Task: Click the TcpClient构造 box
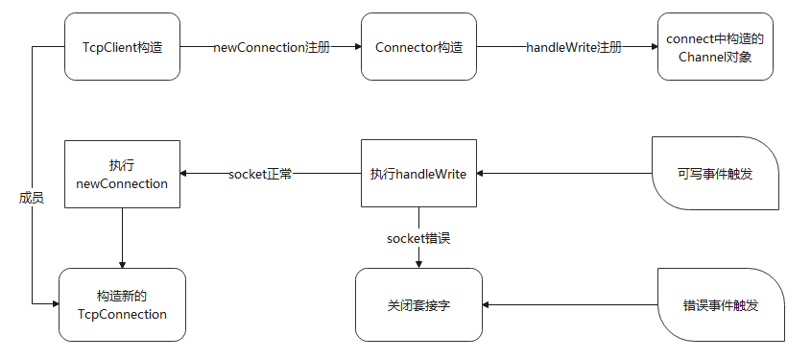point(122,47)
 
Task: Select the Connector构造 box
point(418,47)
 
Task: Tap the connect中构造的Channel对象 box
point(714,47)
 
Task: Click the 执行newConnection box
point(122,174)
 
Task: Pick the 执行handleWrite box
point(418,174)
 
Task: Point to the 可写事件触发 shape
point(715,174)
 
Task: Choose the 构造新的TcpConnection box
point(122,304)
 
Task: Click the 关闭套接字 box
point(418,304)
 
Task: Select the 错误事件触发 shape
point(721,304)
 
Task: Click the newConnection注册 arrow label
point(271,47)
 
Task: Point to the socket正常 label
point(260,174)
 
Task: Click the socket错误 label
point(418,237)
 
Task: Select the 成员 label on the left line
point(32,197)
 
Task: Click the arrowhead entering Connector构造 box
point(356,47)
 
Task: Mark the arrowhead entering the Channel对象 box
point(652,47)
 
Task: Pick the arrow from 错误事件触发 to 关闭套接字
point(570,304)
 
